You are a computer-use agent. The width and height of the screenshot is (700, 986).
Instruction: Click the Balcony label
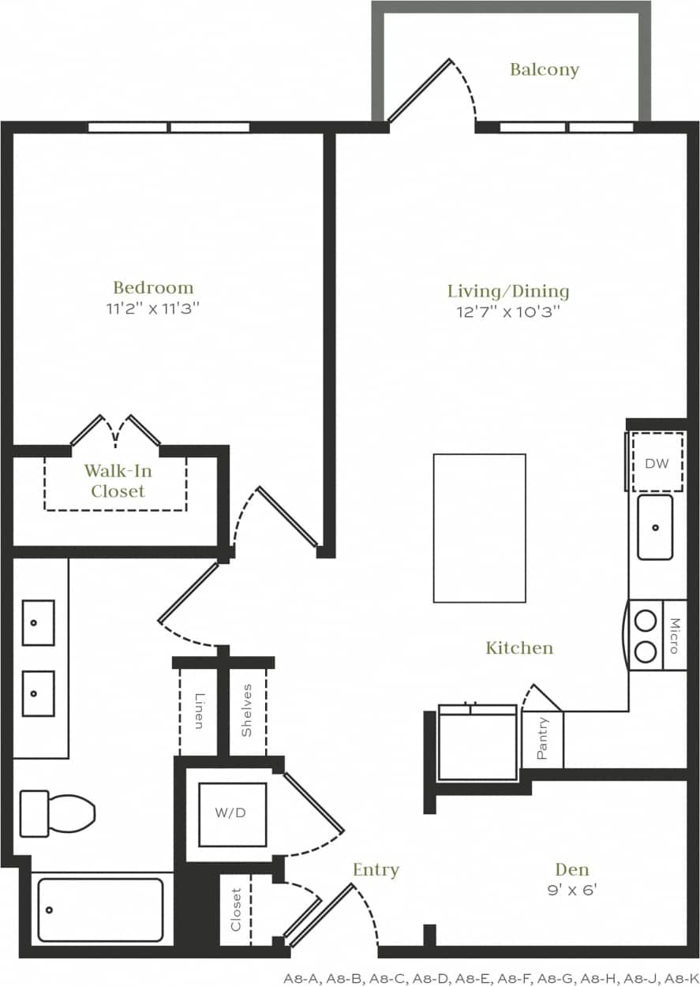tap(545, 69)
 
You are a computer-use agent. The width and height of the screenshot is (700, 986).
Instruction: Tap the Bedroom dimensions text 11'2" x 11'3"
tap(153, 308)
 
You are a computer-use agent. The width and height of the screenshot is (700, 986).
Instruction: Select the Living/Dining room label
tap(508, 291)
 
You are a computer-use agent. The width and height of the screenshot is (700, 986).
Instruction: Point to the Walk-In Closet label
tap(118, 481)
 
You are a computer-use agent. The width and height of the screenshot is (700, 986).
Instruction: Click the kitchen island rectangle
tap(479, 528)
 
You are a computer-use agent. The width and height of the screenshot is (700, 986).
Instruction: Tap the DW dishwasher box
tap(657, 463)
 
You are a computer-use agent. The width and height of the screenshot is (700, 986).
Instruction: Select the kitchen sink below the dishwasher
tap(655, 527)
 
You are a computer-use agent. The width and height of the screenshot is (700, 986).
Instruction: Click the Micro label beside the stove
tap(675, 636)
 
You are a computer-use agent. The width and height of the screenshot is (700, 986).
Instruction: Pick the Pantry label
tap(543, 739)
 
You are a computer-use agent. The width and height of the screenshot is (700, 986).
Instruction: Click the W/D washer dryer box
tap(232, 814)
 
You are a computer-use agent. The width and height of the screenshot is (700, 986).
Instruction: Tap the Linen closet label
tap(199, 709)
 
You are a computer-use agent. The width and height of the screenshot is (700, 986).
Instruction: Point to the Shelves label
tap(247, 710)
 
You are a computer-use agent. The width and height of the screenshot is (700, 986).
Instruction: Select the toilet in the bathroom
tap(57, 814)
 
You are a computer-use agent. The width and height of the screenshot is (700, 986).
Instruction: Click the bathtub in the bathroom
tap(101, 909)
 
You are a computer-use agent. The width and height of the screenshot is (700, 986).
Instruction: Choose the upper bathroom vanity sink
tap(38, 622)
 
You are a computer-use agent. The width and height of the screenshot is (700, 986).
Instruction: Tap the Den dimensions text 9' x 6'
tap(572, 891)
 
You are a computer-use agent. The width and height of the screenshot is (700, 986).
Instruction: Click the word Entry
tap(376, 870)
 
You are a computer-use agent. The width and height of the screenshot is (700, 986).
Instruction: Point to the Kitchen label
tap(519, 648)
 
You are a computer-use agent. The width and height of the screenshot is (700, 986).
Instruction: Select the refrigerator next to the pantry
tap(477, 744)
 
